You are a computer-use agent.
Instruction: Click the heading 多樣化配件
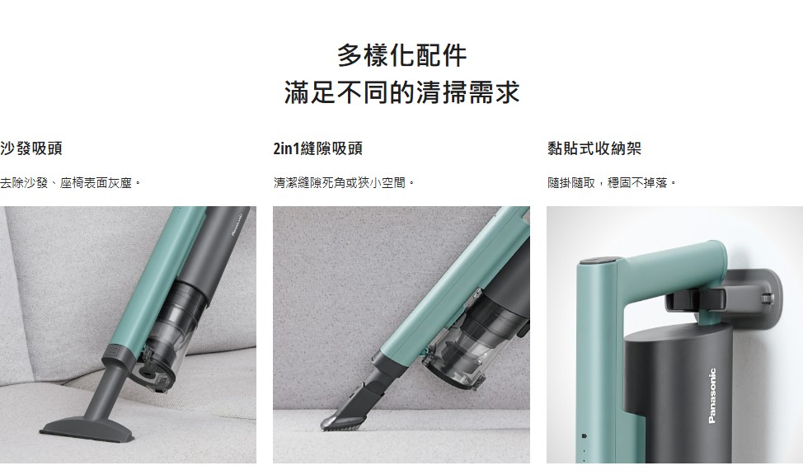(x=402, y=55)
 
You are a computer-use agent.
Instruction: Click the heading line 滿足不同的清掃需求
(x=402, y=92)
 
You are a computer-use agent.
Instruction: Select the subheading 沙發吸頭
(x=31, y=148)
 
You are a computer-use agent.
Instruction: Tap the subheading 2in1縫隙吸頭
(x=318, y=148)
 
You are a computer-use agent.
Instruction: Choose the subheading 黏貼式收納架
(x=594, y=148)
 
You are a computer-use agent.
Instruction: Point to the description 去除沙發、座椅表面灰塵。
(x=71, y=182)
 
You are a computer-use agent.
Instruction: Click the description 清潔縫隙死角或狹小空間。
(x=344, y=182)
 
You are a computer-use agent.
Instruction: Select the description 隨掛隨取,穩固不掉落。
(x=612, y=182)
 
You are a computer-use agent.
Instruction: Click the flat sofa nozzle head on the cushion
(x=88, y=429)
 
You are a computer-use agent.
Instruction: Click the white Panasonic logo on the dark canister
(x=712, y=396)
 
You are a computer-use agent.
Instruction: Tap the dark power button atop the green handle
(x=599, y=261)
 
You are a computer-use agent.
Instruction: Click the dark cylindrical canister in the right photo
(x=679, y=393)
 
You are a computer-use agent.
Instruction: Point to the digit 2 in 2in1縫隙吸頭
(x=276, y=149)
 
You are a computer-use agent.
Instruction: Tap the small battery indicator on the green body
(x=585, y=436)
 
